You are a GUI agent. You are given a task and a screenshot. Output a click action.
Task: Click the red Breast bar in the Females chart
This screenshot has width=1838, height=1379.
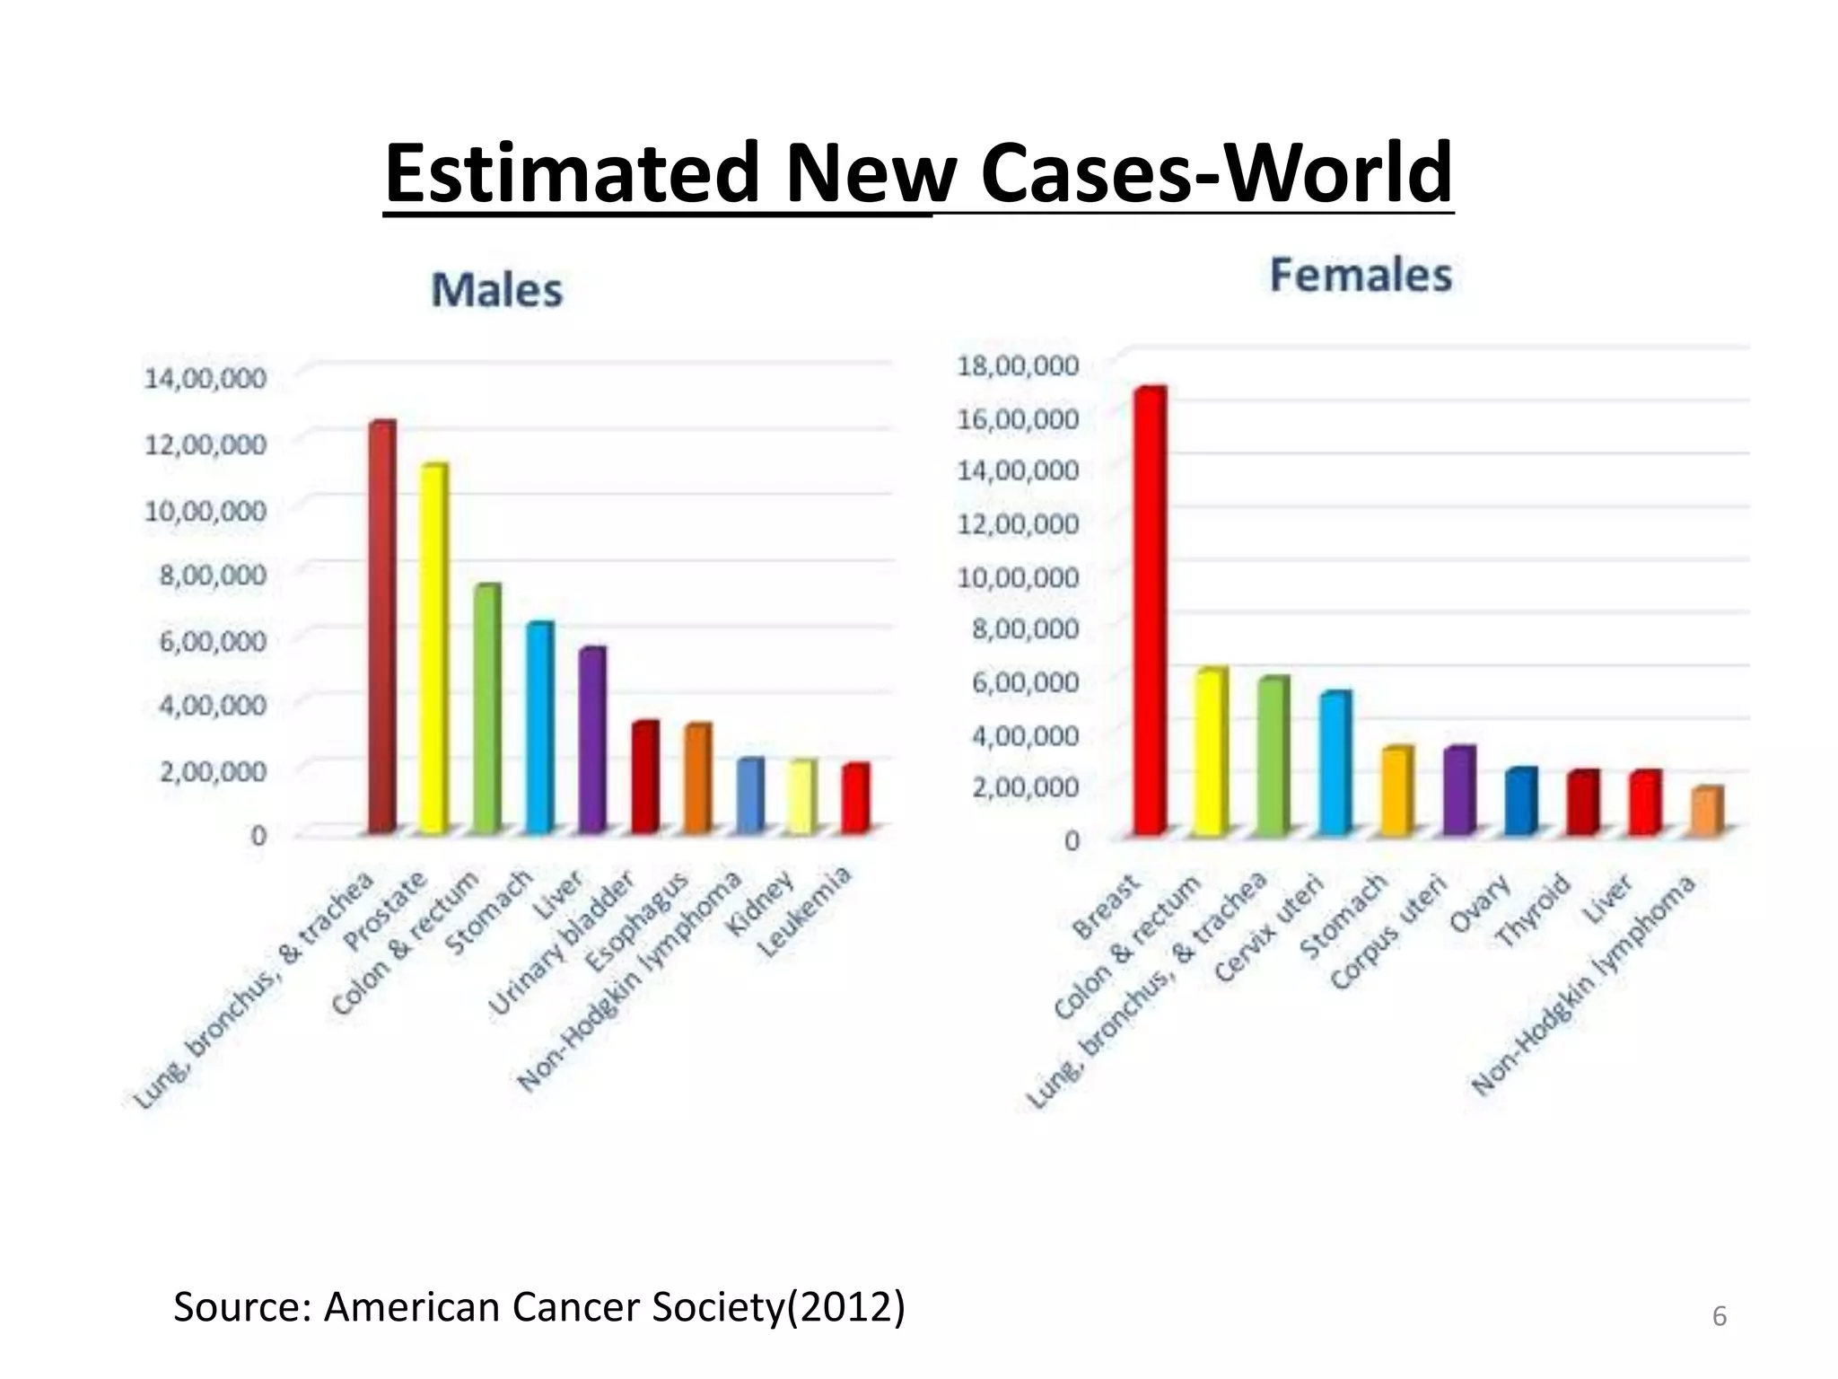point(1149,610)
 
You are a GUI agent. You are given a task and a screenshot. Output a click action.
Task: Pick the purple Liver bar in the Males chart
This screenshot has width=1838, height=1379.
point(591,740)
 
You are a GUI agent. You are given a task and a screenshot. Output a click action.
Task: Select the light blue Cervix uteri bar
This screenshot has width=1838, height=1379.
point(1335,763)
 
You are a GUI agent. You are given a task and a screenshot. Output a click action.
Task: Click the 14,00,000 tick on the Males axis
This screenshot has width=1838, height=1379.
point(205,378)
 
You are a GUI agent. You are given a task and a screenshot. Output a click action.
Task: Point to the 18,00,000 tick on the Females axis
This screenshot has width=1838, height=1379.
point(1018,365)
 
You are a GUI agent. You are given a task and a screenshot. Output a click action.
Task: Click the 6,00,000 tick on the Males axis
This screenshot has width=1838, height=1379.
point(213,640)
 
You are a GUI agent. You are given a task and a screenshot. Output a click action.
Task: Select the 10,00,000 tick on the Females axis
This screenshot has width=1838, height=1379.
point(1018,576)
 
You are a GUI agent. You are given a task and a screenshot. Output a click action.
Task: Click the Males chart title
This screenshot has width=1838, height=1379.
point(496,290)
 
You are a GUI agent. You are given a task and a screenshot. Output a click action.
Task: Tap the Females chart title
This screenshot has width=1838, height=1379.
point(1360,275)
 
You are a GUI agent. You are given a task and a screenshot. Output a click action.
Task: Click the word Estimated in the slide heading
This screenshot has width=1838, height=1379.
point(573,173)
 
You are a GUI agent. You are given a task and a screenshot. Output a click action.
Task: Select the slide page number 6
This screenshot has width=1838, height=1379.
point(1719,1316)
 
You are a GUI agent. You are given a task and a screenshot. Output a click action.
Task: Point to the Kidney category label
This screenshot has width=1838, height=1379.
point(761,902)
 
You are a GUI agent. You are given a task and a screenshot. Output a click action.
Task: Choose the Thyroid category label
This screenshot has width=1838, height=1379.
point(1533,909)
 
